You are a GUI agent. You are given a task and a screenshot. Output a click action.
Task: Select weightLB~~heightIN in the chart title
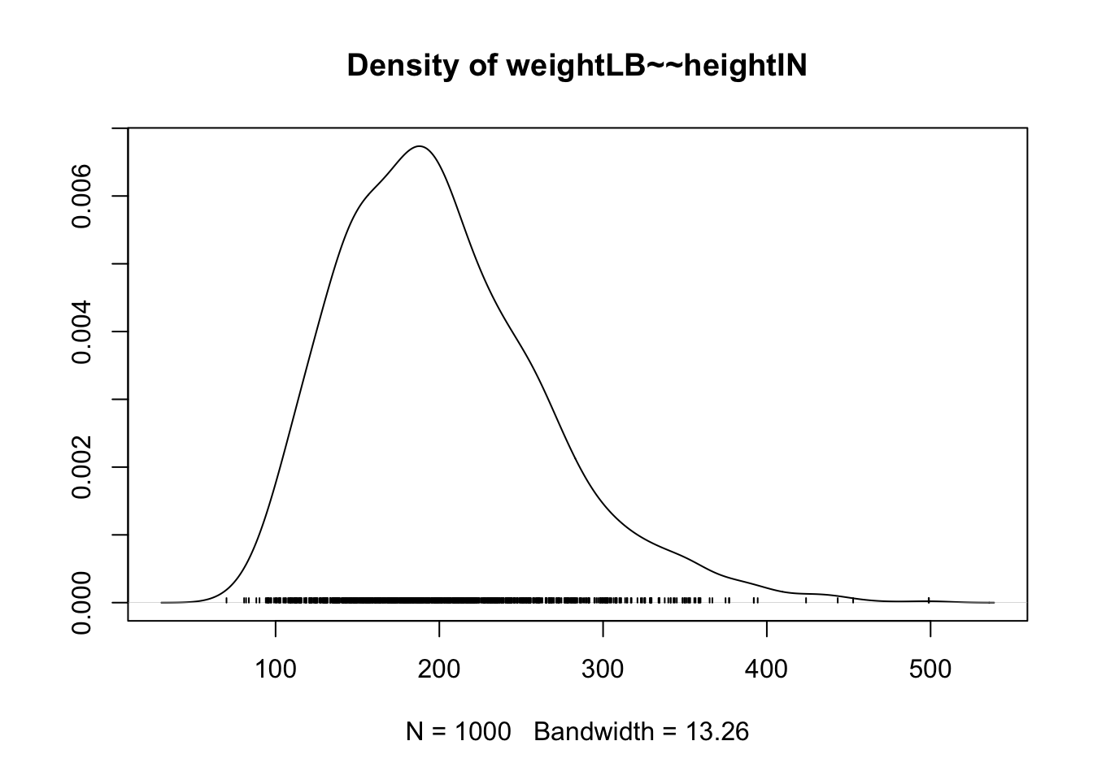656,67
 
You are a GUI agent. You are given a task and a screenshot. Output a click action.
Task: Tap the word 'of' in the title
473,67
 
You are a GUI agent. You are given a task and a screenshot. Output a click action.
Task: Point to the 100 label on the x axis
276,669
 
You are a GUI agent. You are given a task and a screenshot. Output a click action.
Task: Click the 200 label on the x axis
439,669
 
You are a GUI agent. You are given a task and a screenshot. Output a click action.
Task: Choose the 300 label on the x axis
603,669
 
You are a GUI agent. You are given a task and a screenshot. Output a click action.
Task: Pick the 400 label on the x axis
767,669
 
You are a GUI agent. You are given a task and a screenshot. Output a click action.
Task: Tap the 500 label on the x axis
930,669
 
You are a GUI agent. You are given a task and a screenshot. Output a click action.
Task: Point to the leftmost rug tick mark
226,600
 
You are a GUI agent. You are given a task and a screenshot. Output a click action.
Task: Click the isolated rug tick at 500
930,600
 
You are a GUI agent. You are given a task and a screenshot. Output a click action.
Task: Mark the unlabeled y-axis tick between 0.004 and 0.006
120,264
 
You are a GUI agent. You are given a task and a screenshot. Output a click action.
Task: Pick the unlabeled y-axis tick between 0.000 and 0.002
120,535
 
